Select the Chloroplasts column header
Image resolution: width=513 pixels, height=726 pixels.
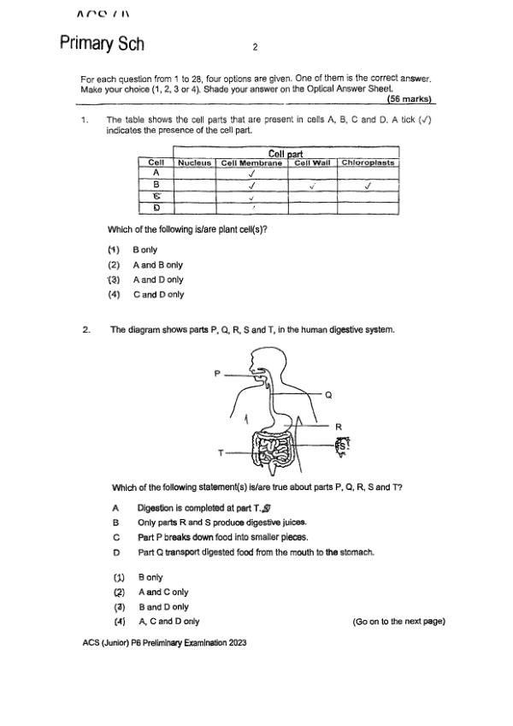(368, 162)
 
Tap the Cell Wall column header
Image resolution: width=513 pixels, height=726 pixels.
(312, 162)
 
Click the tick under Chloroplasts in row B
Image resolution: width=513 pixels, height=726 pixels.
(368, 184)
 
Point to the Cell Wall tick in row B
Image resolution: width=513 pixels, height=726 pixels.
(312, 184)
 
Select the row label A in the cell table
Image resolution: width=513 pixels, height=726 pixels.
(156, 173)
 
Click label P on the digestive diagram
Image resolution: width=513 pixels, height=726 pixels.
(217, 373)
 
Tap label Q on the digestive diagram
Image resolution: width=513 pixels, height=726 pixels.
(328, 394)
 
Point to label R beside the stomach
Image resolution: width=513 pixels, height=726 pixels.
(338, 426)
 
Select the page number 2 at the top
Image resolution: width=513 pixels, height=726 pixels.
(255, 47)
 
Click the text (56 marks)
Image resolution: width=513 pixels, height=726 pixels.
(410, 98)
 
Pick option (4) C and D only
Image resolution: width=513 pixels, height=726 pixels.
(145, 294)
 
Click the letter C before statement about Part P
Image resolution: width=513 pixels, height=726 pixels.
(115, 538)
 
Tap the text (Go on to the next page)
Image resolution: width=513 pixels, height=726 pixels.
(398, 622)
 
